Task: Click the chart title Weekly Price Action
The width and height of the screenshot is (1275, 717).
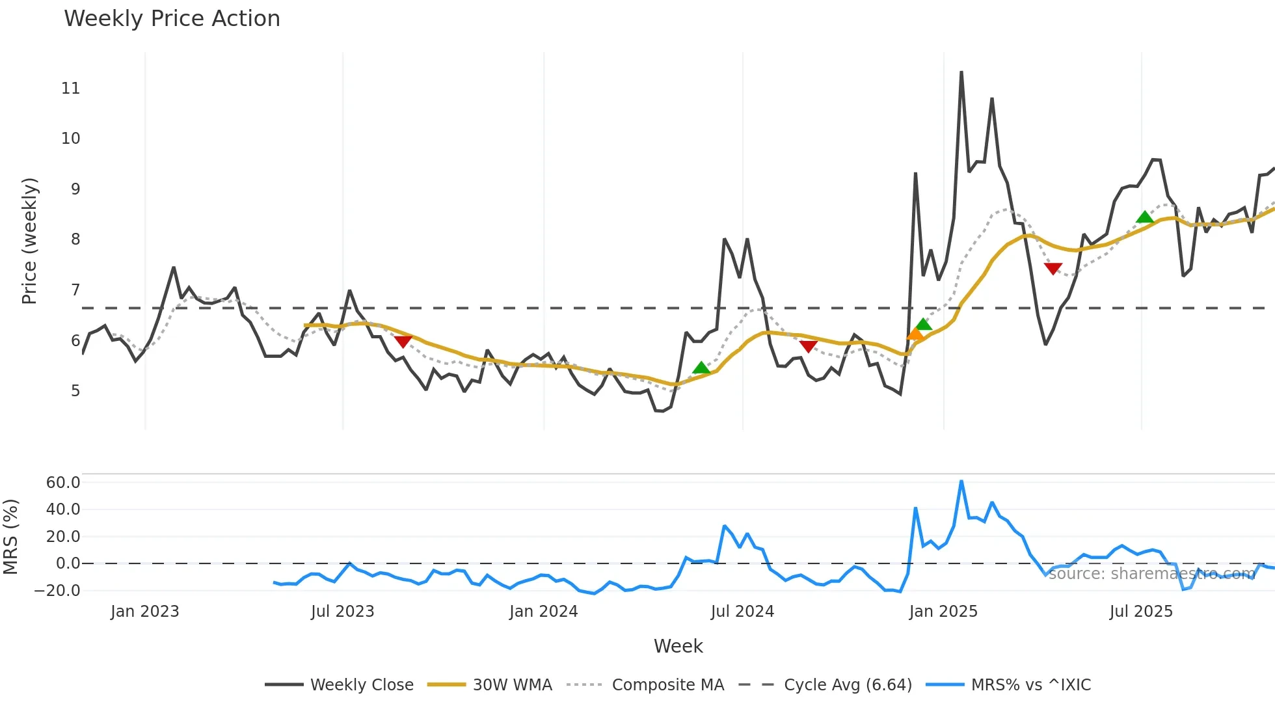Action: pos(172,19)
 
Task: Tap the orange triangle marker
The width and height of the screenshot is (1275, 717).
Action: pos(915,334)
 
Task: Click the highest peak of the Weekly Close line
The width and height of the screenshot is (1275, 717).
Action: pos(961,72)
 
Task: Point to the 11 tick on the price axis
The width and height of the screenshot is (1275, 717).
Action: pos(70,88)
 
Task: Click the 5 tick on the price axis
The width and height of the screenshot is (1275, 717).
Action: pos(75,391)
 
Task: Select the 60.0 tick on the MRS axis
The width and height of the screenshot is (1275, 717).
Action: pos(63,483)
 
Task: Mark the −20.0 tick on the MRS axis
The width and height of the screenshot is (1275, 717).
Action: pos(57,591)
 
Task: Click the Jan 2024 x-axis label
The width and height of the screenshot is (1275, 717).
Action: pos(543,612)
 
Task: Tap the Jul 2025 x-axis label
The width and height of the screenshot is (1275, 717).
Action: pos(1141,612)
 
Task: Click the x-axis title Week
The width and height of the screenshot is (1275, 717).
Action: pos(678,646)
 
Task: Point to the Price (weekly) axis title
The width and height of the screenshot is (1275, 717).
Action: pos(29,241)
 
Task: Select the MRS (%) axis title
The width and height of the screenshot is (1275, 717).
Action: pos(10,537)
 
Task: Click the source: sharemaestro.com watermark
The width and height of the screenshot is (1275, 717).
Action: pos(1151,573)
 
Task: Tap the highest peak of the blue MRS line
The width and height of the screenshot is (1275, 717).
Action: pos(961,481)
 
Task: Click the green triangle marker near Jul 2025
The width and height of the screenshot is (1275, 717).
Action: pos(1145,217)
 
